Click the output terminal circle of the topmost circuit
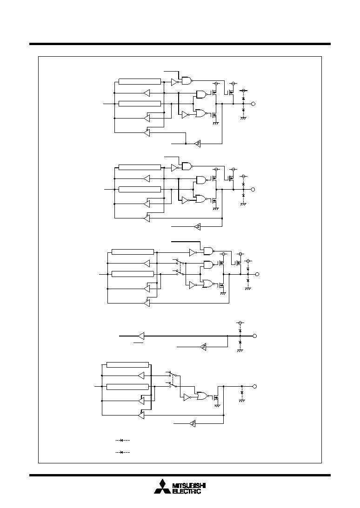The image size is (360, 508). (253, 104)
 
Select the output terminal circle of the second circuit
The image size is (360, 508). (253, 190)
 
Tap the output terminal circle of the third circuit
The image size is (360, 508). (257, 274)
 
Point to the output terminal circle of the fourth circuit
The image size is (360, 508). (254, 336)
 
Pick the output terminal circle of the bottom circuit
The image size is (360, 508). (254, 386)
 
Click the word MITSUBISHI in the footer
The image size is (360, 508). (189, 486)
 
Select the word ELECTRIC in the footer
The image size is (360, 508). (187, 491)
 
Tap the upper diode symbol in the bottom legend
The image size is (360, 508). (123, 440)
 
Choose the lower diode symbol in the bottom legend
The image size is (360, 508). (123, 452)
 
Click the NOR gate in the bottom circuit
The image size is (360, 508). (202, 396)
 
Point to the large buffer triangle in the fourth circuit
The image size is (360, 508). (141, 336)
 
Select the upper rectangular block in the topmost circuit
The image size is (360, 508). (140, 82)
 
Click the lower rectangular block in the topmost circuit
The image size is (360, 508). (140, 104)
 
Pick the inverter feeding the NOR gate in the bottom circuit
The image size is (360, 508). (187, 397)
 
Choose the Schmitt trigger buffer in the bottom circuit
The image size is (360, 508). (192, 423)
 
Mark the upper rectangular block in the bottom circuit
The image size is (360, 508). (128, 365)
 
